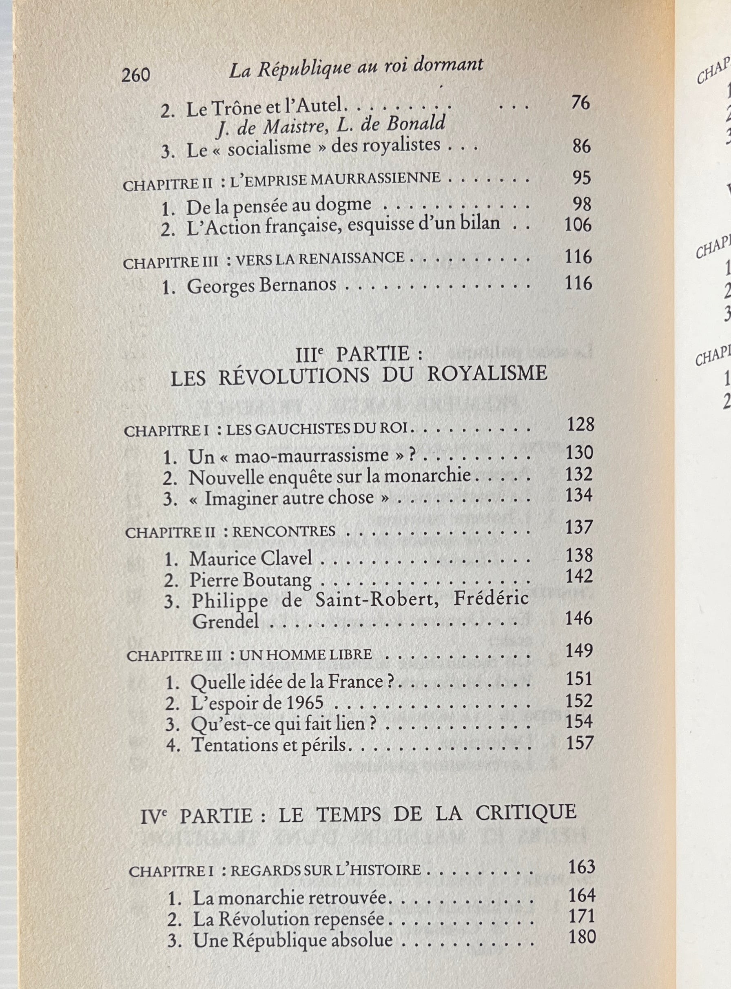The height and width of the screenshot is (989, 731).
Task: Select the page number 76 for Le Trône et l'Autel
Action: [x=580, y=103]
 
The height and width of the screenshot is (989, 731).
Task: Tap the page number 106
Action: [x=578, y=225]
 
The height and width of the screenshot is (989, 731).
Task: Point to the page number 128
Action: [x=580, y=425]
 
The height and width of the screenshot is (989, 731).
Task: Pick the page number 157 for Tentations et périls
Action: [x=579, y=743]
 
